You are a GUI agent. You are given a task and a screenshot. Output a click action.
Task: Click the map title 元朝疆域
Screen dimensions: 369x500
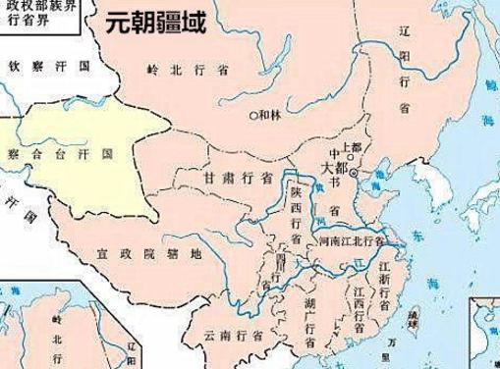pos(157,23)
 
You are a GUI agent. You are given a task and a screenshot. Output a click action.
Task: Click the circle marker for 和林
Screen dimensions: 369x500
pos(251,114)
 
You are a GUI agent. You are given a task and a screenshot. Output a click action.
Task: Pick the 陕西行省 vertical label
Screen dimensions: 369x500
pos(295,216)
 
